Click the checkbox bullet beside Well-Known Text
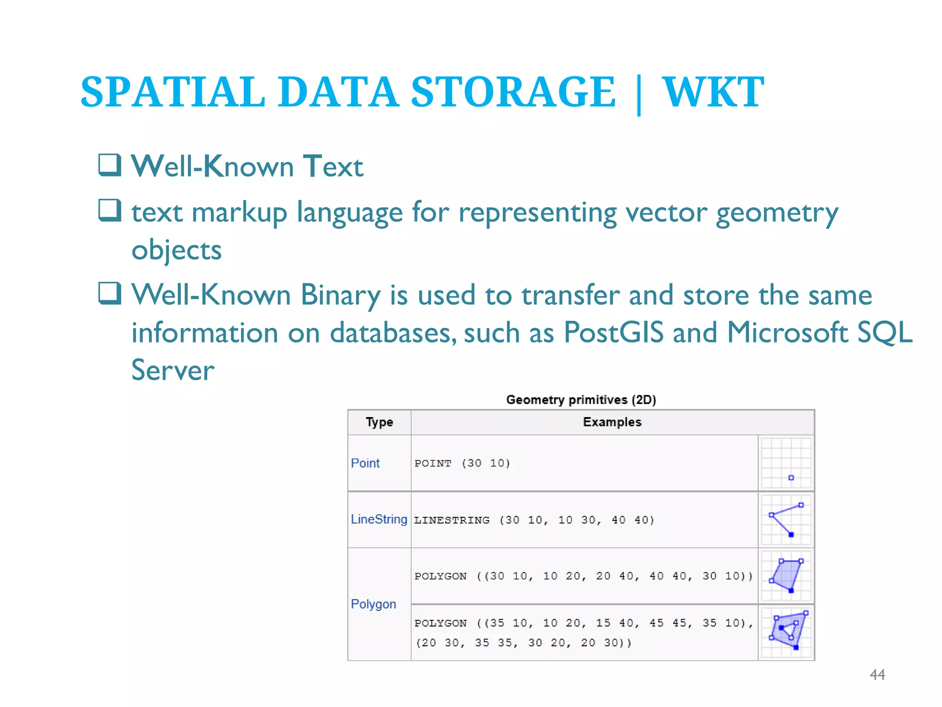(x=110, y=165)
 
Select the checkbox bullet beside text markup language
(x=110, y=210)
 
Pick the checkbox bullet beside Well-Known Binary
(x=110, y=293)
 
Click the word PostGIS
(x=614, y=332)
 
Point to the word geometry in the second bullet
(x=777, y=214)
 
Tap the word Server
(x=173, y=370)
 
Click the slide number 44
(x=877, y=675)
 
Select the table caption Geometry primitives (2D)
(x=581, y=400)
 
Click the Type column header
(x=379, y=422)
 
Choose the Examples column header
(x=612, y=422)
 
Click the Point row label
(x=365, y=463)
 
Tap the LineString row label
(x=379, y=519)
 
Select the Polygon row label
(x=373, y=604)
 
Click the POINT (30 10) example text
(x=462, y=464)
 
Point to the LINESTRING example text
(x=534, y=520)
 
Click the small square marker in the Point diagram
(x=791, y=478)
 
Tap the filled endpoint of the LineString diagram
(x=791, y=534)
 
